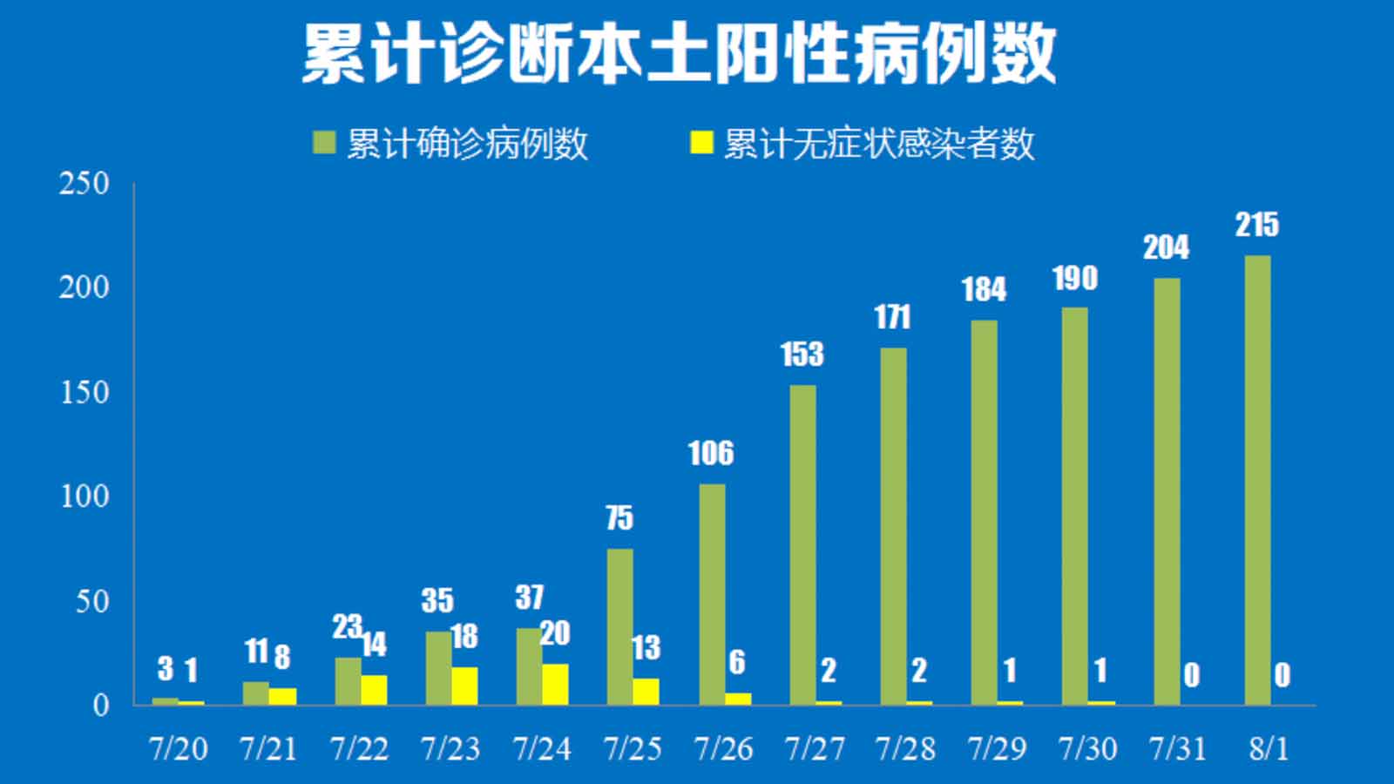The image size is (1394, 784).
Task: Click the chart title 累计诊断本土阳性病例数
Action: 680,54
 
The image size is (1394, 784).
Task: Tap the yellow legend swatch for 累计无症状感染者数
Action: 701,142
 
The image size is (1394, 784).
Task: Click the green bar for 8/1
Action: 1257,479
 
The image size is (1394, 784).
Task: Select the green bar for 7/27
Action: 802,544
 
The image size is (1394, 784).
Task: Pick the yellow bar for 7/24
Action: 555,684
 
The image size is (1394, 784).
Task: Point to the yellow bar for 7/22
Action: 374,689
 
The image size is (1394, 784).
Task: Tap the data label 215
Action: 1256,225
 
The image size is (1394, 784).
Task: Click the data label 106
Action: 710,453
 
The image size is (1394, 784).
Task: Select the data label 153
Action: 802,355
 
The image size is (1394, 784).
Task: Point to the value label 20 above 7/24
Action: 555,633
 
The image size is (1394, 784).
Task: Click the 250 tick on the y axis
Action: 84,184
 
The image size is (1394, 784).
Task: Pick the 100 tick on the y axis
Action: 84,497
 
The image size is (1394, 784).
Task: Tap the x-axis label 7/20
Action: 179,748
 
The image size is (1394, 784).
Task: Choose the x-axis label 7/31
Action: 1178,748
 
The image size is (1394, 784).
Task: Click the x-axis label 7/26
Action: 723,748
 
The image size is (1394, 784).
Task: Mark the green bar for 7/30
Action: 1074,505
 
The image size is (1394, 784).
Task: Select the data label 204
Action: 1166,248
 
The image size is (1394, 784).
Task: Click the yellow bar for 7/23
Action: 464,686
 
